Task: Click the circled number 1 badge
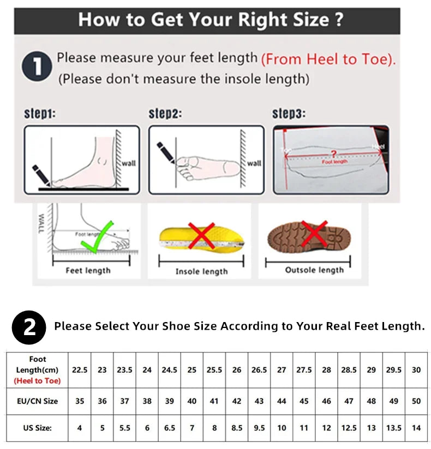point(37,68)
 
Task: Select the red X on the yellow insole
point(201,235)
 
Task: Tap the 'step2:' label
point(165,114)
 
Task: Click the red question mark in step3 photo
point(334,154)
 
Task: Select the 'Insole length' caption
point(201,271)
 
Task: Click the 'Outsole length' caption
point(314,270)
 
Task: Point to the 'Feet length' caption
point(88,270)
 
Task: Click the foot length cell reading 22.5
point(80,370)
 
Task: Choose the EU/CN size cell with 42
point(237,401)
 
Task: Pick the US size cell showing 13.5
point(394,428)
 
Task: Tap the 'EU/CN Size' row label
point(38,401)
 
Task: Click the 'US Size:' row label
point(38,428)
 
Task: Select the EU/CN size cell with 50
point(416,401)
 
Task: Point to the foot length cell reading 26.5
point(259,370)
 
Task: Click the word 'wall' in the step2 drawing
point(254,163)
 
